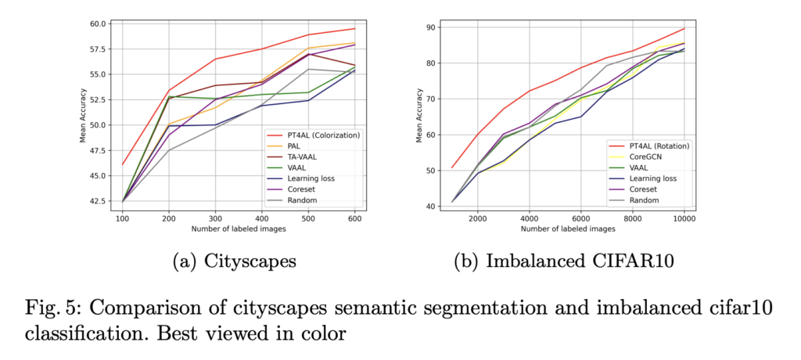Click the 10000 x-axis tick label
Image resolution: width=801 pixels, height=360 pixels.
[x=684, y=220]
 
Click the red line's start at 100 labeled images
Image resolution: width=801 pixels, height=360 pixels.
[x=123, y=164]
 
